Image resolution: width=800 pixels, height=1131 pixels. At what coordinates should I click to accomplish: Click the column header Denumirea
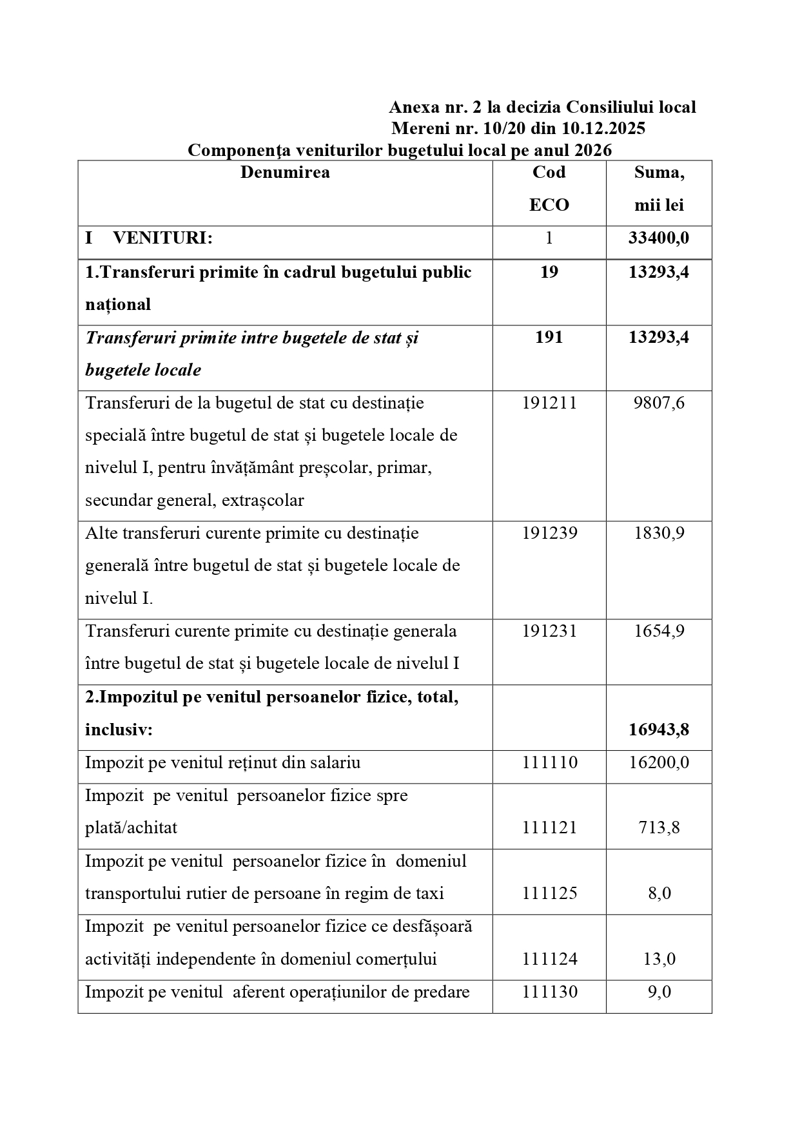(x=285, y=172)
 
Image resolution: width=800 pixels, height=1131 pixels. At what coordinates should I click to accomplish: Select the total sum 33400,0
(x=659, y=238)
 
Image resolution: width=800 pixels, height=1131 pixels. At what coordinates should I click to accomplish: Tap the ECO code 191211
(x=549, y=403)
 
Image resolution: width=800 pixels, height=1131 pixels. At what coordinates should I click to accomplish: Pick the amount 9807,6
(x=659, y=403)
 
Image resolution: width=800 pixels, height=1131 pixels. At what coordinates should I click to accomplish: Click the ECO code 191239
(x=549, y=533)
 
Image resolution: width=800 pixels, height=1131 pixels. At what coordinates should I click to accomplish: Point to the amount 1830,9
(x=659, y=533)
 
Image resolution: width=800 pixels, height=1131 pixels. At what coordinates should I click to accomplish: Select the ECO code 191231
(x=549, y=630)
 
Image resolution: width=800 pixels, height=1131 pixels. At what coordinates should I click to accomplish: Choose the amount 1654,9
(x=659, y=630)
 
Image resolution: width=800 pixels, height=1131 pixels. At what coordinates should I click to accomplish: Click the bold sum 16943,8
(x=659, y=730)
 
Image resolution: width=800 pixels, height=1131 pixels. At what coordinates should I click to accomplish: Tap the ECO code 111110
(x=549, y=762)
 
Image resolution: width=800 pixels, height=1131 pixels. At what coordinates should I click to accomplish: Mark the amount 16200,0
(x=659, y=762)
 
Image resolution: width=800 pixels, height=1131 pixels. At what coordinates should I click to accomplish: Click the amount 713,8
(x=659, y=827)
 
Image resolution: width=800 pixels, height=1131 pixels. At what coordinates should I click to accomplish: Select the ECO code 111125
(x=549, y=893)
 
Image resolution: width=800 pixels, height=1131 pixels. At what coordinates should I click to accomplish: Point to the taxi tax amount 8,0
(x=659, y=893)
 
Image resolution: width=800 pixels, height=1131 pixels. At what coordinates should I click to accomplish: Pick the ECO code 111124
(x=549, y=959)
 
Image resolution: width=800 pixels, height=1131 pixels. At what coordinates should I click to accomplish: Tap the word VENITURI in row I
(x=162, y=238)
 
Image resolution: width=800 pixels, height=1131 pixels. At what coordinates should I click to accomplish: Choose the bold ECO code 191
(x=549, y=337)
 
